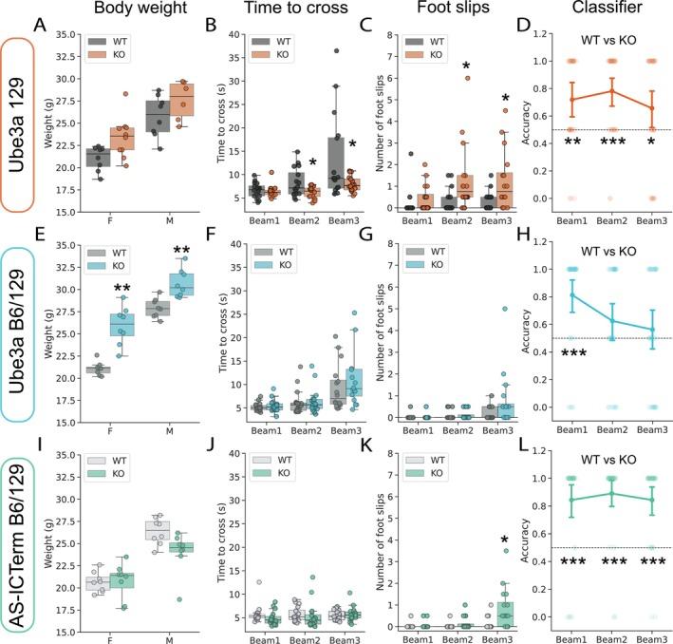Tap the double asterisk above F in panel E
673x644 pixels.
coord(122,287)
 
